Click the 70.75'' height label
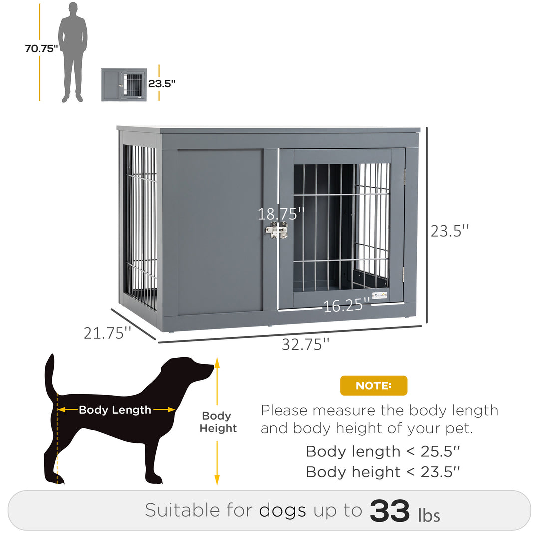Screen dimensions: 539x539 coord(42,48)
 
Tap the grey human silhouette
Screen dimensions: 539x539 coord(73,50)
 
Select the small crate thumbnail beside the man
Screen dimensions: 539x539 coord(124,85)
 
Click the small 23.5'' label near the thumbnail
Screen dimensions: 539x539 coord(162,83)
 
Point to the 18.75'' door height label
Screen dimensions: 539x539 coord(280,214)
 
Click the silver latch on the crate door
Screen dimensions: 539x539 coord(276,230)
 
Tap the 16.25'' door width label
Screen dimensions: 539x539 coord(347,305)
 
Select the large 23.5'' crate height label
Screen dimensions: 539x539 coord(450,230)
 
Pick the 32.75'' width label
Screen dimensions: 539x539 coord(305,344)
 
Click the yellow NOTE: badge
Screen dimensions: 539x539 coord(374,386)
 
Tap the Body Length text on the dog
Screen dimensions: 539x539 coord(115,410)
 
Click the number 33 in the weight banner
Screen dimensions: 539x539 coord(390,510)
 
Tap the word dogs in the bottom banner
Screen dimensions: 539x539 coord(282,510)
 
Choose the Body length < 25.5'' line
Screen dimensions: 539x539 coord(383,451)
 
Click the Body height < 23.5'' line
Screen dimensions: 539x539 coord(383,472)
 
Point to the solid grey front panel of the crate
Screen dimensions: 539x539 coord(220,230)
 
